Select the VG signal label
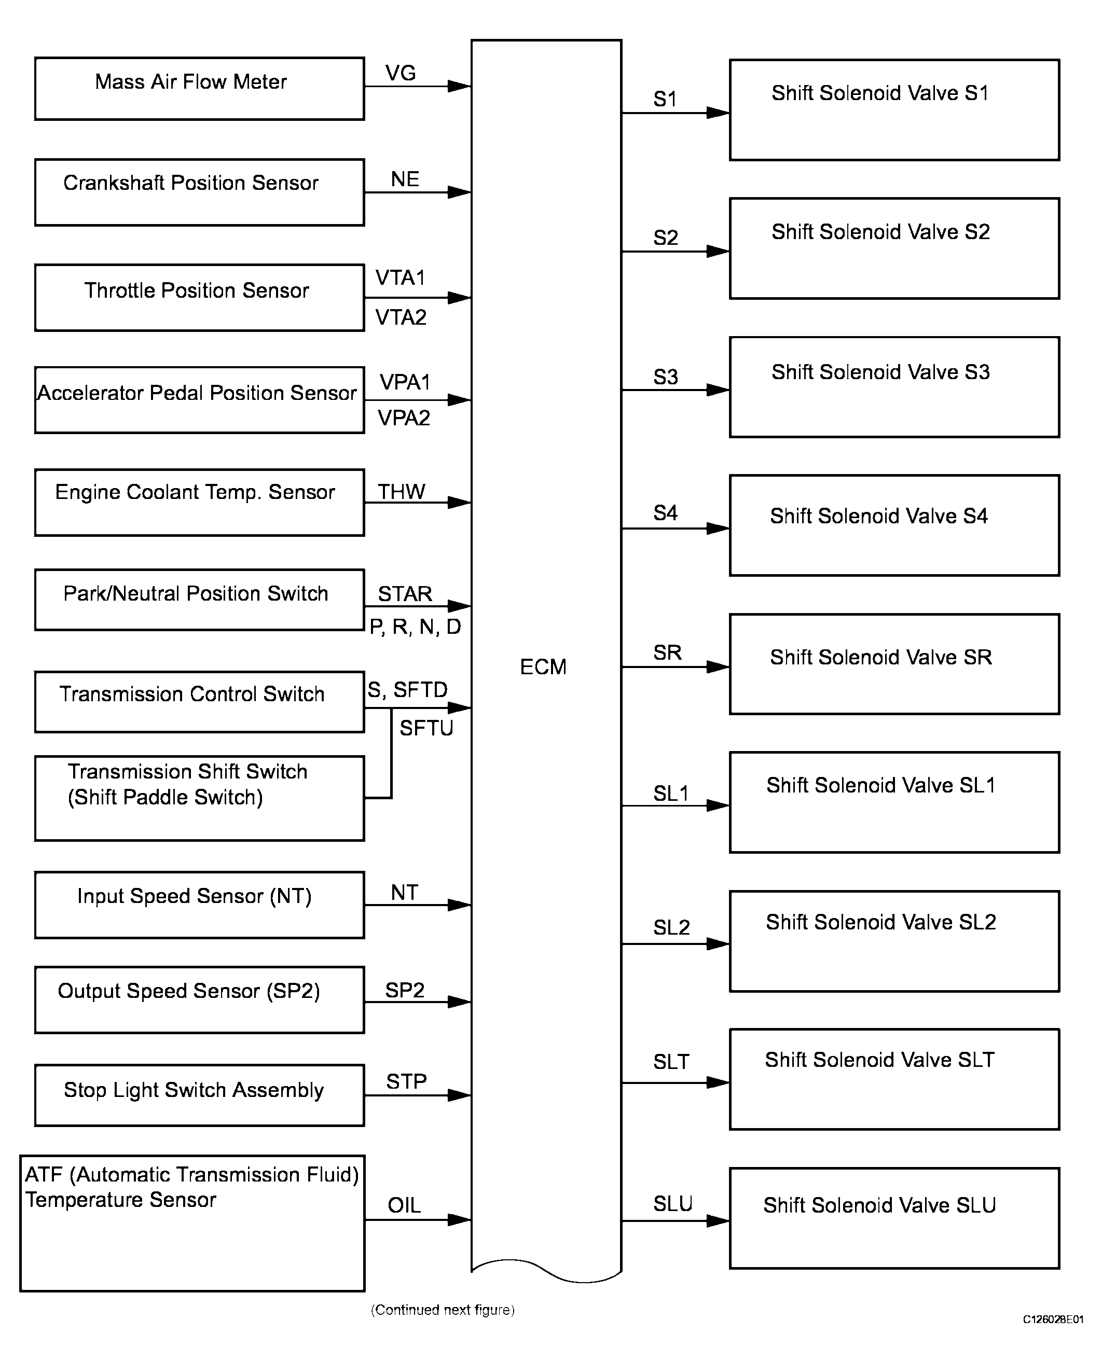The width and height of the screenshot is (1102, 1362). (x=401, y=73)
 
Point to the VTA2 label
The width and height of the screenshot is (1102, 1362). (x=401, y=317)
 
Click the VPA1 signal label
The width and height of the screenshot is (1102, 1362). (x=405, y=382)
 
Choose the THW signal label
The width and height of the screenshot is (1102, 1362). (x=401, y=491)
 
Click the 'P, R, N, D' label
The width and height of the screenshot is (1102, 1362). (x=415, y=627)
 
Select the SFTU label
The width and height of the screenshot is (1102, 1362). (x=426, y=728)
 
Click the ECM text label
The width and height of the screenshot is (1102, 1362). (x=543, y=667)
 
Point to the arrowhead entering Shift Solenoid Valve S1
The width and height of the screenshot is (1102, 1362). (x=718, y=113)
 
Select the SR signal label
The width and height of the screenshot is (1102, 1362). (x=667, y=652)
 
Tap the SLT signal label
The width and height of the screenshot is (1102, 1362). (x=671, y=1062)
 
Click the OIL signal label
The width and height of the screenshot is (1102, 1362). (x=404, y=1205)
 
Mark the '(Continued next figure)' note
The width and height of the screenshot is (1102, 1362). (x=443, y=1310)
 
